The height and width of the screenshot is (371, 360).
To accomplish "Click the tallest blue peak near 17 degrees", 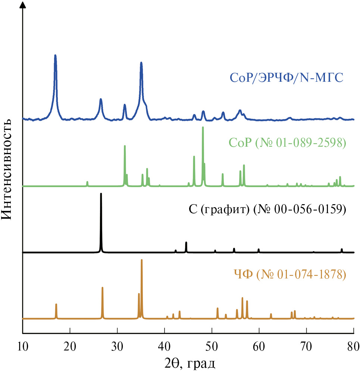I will tap(55, 56).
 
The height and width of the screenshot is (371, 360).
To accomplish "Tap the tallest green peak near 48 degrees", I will tap(203, 128).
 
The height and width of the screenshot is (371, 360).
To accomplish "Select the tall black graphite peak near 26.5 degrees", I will tap(101, 194).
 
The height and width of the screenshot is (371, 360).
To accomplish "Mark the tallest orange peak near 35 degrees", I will tap(142, 260).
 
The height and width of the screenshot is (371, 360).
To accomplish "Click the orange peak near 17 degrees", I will tap(56, 305).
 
